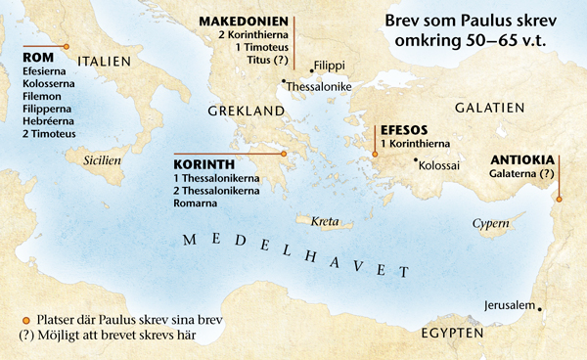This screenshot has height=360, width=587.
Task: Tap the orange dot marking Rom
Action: click(66, 46)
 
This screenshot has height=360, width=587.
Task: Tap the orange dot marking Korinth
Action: click(283, 154)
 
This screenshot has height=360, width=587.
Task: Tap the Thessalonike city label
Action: click(318, 87)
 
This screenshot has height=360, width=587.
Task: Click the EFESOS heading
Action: click(402, 128)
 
